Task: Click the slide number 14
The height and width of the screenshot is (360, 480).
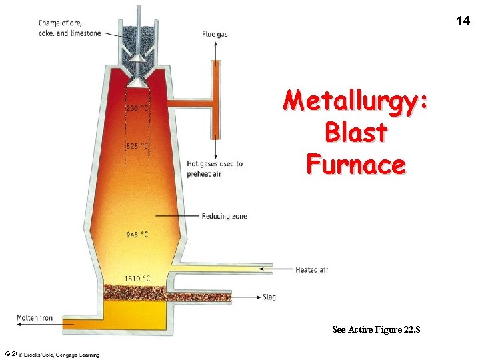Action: coord(463,21)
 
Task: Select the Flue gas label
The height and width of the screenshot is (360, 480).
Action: coord(215,34)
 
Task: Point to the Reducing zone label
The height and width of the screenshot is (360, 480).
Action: coord(224,216)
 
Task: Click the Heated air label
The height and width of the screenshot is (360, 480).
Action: coord(312,269)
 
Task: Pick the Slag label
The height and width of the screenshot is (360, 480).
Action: coord(269,297)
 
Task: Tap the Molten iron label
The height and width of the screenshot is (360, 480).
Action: coord(35,318)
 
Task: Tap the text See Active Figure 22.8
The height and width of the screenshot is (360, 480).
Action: coord(376,329)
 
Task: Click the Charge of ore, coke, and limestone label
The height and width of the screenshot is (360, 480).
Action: coord(69,29)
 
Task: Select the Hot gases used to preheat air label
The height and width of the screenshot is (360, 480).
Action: coord(215,169)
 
